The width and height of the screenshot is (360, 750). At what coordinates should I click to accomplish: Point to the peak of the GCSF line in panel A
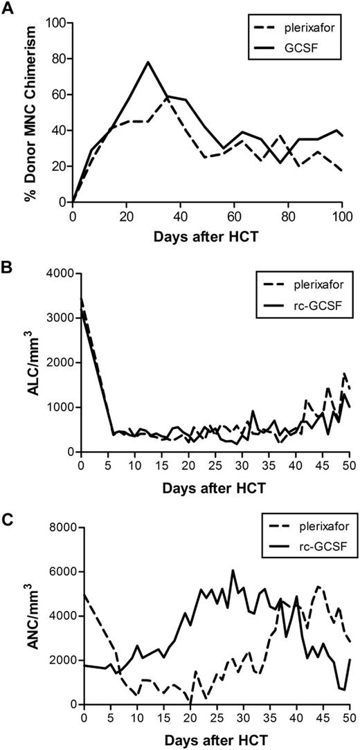[x=148, y=62]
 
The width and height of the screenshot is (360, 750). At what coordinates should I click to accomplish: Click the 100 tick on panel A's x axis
[x=340, y=215]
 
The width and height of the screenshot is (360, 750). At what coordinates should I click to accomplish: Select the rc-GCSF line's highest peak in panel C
[x=233, y=571]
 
